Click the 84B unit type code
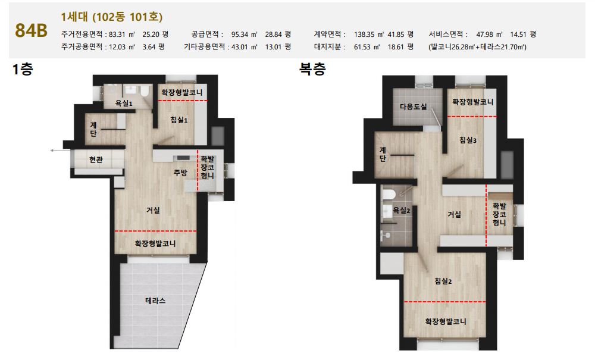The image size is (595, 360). [31, 31]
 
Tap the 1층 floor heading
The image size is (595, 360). [23, 70]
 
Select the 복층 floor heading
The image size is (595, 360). [312, 69]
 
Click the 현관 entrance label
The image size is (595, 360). [96, 159]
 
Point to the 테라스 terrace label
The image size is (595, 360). [155, 300]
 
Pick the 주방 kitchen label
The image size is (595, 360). [181, 173]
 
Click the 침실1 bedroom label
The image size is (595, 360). [179, 120]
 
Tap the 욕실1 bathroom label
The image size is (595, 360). [124, 103]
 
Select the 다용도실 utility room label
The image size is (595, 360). [414, 107]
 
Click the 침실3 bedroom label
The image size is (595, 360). [468, 140]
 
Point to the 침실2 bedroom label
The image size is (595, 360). [443, 281]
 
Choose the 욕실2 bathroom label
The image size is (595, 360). [402, 210]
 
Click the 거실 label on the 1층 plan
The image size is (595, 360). [153, 210]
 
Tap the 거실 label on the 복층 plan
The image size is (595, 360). [454, 214]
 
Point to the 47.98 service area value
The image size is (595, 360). [484, 35]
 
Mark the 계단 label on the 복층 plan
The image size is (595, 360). [383, 154]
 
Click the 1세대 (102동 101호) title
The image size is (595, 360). [112, 17]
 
